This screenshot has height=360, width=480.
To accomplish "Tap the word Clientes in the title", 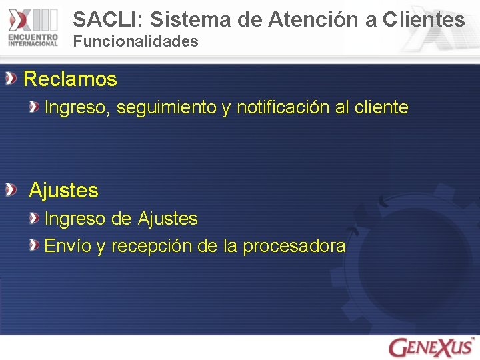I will point(424,19).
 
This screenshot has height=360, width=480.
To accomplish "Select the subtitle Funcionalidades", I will point(136,41).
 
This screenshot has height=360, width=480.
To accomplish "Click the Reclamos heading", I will point(70,79).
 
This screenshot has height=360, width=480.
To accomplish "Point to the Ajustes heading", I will point(63,191).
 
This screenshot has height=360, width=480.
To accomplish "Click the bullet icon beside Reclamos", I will point(12,80).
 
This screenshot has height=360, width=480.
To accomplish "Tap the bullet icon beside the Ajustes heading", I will point(12,191).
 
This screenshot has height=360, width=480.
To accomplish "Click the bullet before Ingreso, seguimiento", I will point(35,107).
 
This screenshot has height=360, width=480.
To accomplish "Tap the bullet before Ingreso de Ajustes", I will point(35,219).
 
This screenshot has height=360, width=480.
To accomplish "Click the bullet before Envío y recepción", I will point(35,246).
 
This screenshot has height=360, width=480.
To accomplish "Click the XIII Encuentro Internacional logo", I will point(33,27).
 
